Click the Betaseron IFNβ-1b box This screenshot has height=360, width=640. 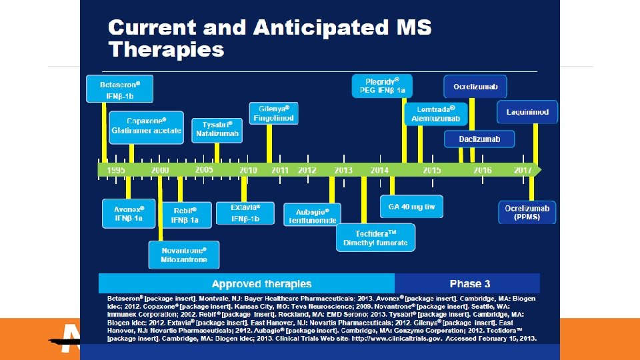[120, 88]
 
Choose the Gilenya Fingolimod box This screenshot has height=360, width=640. [273, 113]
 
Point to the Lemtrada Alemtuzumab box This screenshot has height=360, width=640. [435, 113]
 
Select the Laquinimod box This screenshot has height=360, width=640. [527, 111]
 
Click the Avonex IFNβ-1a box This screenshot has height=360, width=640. [128, 213]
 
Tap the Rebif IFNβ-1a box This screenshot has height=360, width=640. [185, 214]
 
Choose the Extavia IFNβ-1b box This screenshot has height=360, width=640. [245, 213]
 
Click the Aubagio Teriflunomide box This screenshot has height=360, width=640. [312, 215]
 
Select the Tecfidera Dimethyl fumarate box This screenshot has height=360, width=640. [375, 237]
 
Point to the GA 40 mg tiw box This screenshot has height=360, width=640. [411, 207]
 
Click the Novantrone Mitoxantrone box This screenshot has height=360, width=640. [183, 254]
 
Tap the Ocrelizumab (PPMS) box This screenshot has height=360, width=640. [527, 212]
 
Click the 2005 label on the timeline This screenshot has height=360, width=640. [204, 170]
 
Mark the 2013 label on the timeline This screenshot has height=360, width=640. [343, 171]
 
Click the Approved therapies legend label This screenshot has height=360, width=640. [262, 284]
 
